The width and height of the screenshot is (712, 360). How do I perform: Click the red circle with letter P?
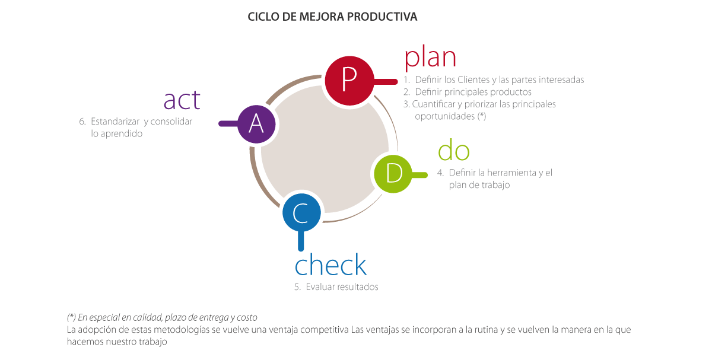tap(349, 81)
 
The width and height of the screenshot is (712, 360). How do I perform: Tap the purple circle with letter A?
tap(256, 124)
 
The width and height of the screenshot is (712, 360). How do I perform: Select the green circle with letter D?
tap(393, 174)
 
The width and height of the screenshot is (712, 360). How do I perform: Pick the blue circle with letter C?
tap(301, 212)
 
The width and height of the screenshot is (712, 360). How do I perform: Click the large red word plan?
tap(430, 58)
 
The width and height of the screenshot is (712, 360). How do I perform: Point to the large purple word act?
tap(182, 100)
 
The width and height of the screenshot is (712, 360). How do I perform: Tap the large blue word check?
tap(330, 265)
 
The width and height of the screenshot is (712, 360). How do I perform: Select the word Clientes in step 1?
tap(473, 79)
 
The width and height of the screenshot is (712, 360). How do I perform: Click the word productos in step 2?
tap(511, 92)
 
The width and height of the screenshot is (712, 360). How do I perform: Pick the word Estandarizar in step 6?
tap(115, 122)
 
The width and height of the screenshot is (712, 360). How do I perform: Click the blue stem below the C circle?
tap(301, 241)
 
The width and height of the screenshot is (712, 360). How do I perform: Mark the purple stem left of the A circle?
tap(228, 123)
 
